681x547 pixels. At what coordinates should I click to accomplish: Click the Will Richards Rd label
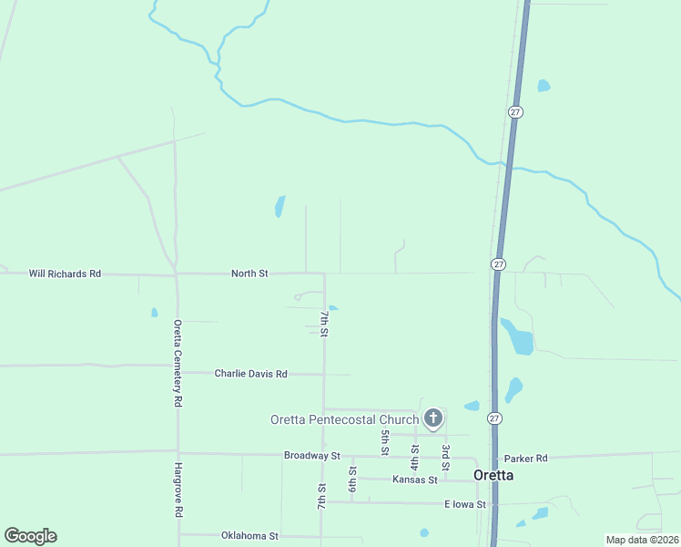point(65,273)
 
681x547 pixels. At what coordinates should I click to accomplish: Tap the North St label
point(249,273)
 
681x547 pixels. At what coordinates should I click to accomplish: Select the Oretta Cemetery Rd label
point(179,363)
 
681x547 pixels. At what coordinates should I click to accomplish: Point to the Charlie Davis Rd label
point(250,374)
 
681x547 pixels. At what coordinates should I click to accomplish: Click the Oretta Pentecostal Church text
point(344,419)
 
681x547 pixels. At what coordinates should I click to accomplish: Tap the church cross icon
point(433,419)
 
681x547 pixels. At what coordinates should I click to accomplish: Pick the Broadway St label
point(311,455)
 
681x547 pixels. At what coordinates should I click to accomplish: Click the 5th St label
point(385,442)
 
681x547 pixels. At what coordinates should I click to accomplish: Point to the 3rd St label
point(445,453)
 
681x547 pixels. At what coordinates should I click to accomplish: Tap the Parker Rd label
point(528,458)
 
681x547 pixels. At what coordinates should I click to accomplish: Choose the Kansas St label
point(415,479)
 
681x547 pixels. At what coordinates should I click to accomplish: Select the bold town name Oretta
point(493,475)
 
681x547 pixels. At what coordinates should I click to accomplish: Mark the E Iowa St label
point(465,504)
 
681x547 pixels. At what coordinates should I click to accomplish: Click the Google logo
point(30,536)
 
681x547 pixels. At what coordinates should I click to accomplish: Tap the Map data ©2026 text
point(642,540)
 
